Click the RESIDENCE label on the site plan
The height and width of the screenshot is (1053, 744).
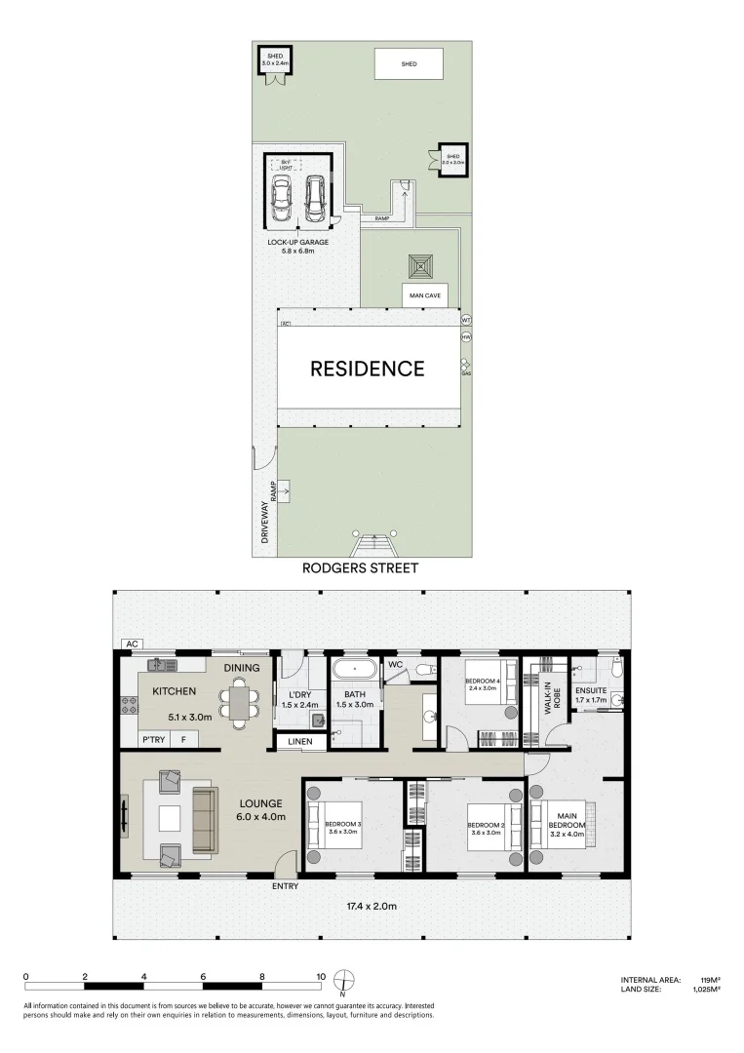pos(368,369)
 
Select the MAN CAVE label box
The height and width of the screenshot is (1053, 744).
pos(425,294)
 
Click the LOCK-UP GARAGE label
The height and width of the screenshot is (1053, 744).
pos(298,241)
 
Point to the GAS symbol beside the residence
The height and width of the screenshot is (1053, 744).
pos(466,366)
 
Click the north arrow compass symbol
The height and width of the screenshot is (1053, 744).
pos(343,980)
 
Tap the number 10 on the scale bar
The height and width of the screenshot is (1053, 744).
pos(321,975)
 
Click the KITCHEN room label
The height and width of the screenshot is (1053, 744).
pos(175,691)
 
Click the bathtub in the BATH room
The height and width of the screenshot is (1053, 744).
pos(354,670)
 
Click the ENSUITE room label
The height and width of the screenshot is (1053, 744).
pos(591,691)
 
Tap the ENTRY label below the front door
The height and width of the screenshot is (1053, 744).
pos(286,885)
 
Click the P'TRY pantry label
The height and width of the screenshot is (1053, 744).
pos(153,740)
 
